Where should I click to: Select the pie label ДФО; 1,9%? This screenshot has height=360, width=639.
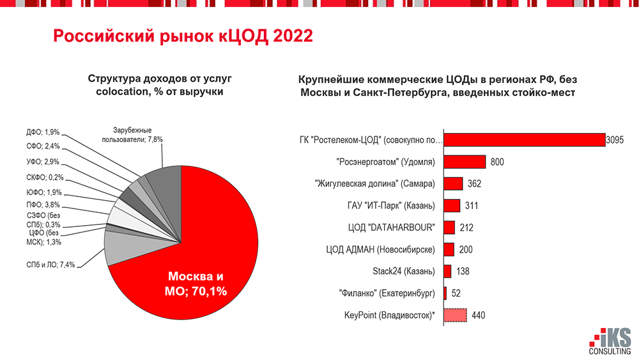pos(43,132)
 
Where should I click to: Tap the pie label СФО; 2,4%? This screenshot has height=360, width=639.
pos(43,147)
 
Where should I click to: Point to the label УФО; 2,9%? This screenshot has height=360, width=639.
pos(43,162)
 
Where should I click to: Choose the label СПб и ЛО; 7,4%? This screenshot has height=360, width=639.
pos(50,263)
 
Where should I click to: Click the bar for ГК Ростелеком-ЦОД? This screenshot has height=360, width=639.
pos(524,140)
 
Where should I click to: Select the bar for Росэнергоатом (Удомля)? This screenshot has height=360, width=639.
pos(465,162)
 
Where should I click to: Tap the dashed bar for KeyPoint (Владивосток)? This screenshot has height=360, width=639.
pos(455,315)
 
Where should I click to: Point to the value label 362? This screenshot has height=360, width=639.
pos(474,184)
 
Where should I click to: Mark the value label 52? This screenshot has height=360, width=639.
pos(456,293)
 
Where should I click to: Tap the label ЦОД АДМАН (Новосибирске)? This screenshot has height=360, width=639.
pos(381,249)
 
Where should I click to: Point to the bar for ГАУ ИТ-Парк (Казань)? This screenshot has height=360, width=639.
pos(452,206)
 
